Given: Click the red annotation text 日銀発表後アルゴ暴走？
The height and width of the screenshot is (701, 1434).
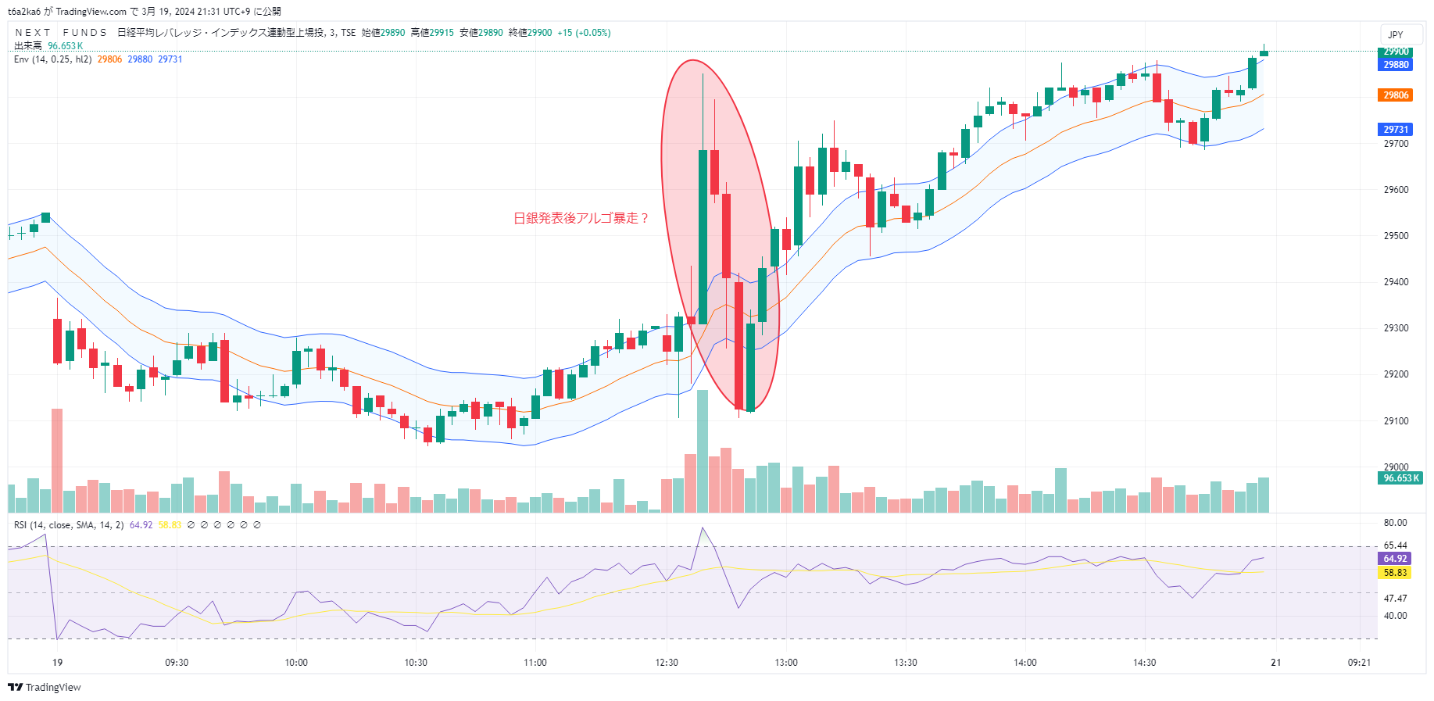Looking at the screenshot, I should point(581,218).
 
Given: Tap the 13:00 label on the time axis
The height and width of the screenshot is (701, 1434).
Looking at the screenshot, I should point(786,663).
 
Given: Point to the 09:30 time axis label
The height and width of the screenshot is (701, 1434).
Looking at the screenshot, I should point(177,663).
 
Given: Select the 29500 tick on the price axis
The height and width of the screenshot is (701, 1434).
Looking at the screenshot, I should point(1396,236).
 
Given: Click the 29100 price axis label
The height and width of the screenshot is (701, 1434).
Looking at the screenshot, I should point(1396,421).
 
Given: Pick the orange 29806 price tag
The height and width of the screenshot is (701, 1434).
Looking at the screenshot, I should point(1396,95).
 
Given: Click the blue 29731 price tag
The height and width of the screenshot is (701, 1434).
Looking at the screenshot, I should point(1396,130).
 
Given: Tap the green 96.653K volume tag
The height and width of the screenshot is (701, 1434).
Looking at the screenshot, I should point(1400,478).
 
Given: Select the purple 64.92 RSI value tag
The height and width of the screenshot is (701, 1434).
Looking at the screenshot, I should point(1395,559).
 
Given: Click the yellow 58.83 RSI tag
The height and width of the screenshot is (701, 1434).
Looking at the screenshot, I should point(1395,573).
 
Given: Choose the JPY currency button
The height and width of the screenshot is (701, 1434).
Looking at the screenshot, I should point(1396,35).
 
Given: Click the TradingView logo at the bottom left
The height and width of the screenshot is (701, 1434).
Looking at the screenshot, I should point(45,688).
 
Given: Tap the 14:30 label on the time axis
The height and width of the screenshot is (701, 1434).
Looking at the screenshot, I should point(1145,663).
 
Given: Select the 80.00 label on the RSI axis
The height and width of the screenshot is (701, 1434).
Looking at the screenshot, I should point(1395,523).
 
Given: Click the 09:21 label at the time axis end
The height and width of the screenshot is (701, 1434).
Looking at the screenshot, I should point(1359,663).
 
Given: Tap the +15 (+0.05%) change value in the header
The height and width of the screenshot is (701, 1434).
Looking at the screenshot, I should point(584,33).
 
